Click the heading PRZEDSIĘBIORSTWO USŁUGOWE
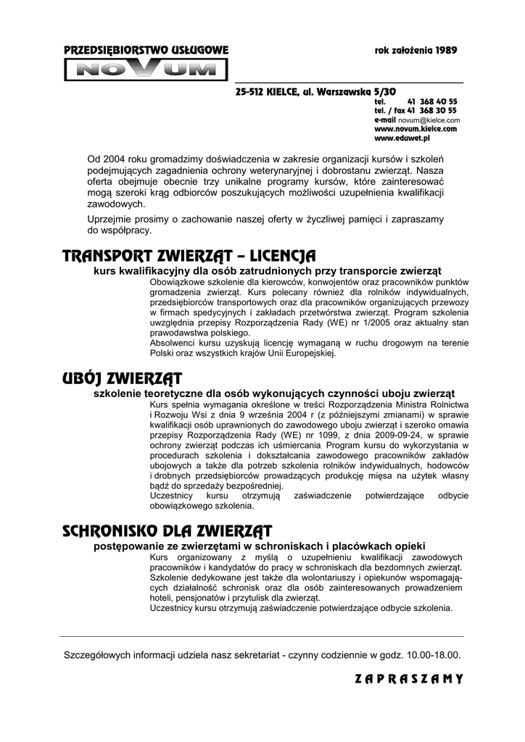[146, 51]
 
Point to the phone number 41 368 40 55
[432, 102]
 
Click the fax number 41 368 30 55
[432, 111]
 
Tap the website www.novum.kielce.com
[416, 128]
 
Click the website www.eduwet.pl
[402, 137]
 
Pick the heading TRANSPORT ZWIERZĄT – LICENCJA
[189, 256]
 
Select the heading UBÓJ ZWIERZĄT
[122, 378]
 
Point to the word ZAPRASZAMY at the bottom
[409, 679]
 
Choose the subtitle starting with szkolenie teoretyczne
[274, 393]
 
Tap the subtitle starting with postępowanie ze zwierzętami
[260, 545]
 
